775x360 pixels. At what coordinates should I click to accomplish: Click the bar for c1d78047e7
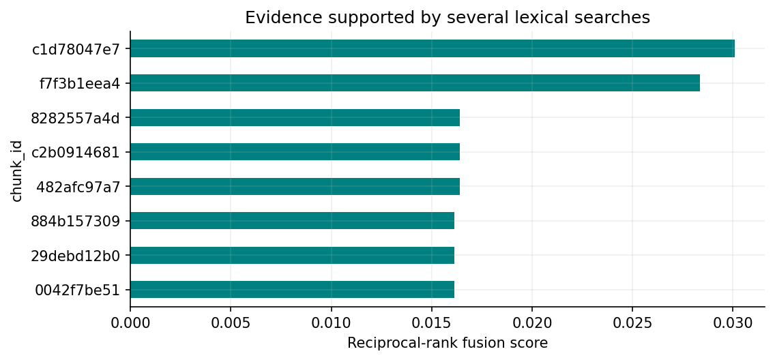coord(433,48)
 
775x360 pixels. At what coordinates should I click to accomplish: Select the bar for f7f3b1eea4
coord(415,83)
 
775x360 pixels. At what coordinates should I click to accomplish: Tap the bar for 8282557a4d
coord(295,117)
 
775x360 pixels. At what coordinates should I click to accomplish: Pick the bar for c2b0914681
coord(295,151)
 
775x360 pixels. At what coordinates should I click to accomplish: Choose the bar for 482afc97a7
coord(295,186)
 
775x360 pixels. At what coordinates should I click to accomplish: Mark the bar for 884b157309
coord(292,221)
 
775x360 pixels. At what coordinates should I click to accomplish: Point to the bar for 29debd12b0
coord(292,255)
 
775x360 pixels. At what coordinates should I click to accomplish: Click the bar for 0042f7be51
coord(292,289)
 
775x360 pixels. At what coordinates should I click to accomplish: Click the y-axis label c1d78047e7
coord(76,49)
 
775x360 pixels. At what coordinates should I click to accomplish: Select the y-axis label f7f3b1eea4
coord(80,83)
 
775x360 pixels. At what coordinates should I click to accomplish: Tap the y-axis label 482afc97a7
coord(78,187)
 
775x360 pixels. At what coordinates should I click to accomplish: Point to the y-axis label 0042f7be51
coord(78,290)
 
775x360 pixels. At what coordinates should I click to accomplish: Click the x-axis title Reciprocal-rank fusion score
coord(448,343)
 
